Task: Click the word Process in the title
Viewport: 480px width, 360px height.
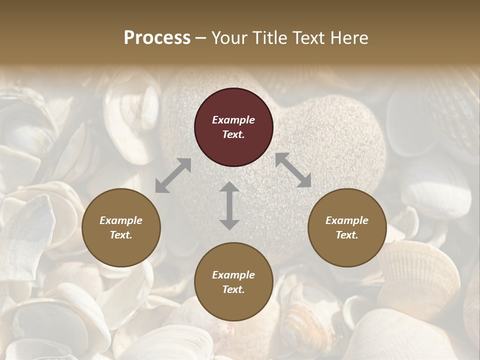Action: [157, 38]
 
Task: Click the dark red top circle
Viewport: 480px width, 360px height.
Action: [233, 127]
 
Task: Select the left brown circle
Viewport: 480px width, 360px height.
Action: [121, 227]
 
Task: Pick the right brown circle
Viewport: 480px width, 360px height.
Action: [347, 227]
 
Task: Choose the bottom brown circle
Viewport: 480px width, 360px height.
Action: [233, 282]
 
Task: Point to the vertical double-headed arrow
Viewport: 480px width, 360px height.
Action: [229, 205]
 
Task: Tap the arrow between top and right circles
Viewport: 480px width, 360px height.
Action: [293, 170]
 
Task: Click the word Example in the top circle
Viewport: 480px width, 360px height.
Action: [233, 120]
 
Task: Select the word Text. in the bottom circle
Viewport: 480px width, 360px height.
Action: [233, 289]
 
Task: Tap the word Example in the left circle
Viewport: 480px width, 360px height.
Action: [121, 220]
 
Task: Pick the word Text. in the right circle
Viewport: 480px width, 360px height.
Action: [347, 235]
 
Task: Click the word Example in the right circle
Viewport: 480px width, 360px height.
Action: [347, 220]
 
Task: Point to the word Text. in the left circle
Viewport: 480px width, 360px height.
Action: [121, 235]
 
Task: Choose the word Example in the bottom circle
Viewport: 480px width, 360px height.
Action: [233, 275]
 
